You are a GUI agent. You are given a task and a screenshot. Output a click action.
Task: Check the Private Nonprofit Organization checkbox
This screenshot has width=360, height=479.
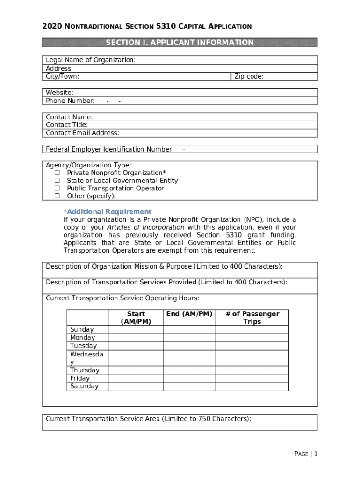click(x=58, y=173)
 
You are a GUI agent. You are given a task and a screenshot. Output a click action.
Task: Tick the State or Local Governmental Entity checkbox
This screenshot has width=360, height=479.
click(x=58, y=181)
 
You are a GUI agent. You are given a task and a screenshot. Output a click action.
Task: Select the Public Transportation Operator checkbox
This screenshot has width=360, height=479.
click(x=58, y=189)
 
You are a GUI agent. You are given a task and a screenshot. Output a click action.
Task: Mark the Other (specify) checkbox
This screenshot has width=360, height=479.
click(x=58, y=196)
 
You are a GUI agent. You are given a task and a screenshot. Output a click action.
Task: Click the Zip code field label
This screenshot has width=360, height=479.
click(x=249, y=76)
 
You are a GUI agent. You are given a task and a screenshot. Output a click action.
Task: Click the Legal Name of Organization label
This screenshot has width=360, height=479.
click(x=91, y=60)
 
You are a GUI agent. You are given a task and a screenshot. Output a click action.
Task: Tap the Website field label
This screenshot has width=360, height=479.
click(x=59, y=93)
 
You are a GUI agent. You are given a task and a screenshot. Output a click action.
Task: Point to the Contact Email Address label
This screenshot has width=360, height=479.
click(x=82, y=133)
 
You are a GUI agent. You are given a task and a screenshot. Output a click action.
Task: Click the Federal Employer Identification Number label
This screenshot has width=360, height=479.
click(x=110, y=149)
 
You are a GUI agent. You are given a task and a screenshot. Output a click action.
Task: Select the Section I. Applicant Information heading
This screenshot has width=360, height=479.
click(x=180, y=43)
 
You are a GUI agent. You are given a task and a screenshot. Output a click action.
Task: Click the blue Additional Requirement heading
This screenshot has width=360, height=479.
click(x=108, y=212)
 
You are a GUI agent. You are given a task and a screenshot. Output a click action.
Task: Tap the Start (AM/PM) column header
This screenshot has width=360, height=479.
click(x=136, y=318)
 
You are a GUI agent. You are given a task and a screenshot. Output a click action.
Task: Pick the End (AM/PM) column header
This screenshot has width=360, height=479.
click(x=189, y=314)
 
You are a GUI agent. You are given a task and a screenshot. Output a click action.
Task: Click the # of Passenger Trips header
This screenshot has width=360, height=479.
click(x=252, y=318)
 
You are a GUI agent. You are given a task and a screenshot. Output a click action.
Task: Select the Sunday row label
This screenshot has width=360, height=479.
click(x=82, y=329)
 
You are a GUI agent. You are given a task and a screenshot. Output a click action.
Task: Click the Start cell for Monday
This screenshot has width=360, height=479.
click(x=136, y=338)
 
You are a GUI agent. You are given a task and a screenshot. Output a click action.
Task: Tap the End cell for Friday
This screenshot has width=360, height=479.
click(x=189, y=378)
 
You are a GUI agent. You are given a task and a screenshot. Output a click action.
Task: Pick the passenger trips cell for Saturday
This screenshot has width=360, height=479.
click(x=252, y=386)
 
